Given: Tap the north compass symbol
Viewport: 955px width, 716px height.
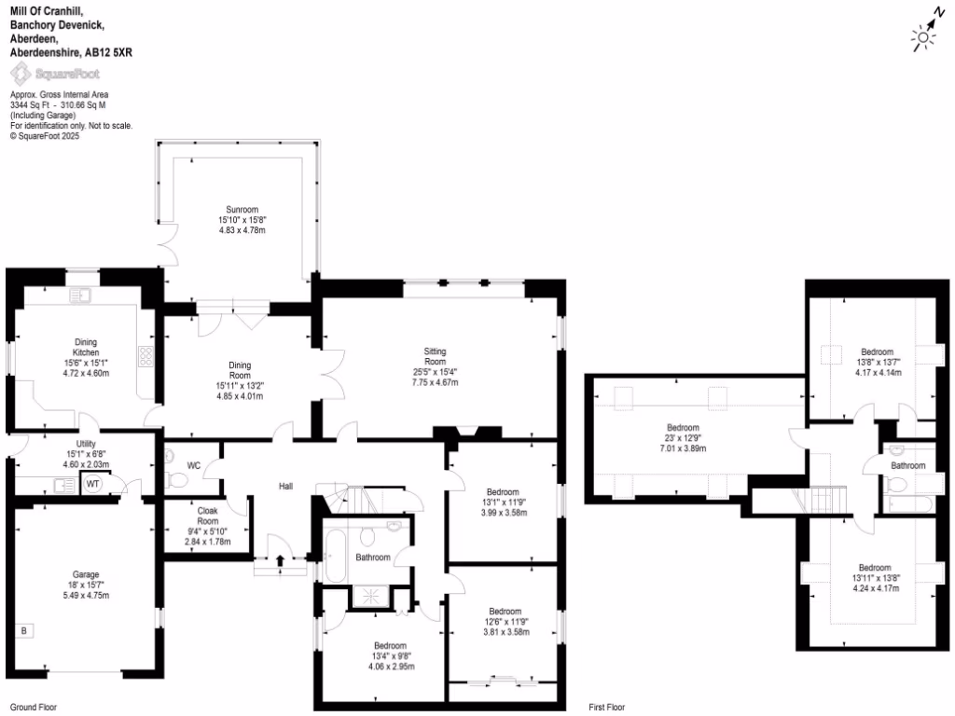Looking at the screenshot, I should (925, 32).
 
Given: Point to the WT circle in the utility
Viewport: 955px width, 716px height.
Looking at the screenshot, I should (93, 484).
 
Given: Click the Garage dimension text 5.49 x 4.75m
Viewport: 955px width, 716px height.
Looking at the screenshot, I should (87, 596).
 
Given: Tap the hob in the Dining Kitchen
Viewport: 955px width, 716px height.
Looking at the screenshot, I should (146, 355).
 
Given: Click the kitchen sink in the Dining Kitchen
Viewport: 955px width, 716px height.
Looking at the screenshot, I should (81, 296).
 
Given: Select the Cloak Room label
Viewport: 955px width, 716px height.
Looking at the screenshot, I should (207, 516).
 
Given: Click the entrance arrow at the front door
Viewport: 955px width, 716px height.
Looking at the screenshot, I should (281, 560).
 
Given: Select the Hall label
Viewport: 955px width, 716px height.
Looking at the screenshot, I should (287, 486).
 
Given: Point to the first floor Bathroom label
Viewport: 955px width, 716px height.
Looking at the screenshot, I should (907, 465).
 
